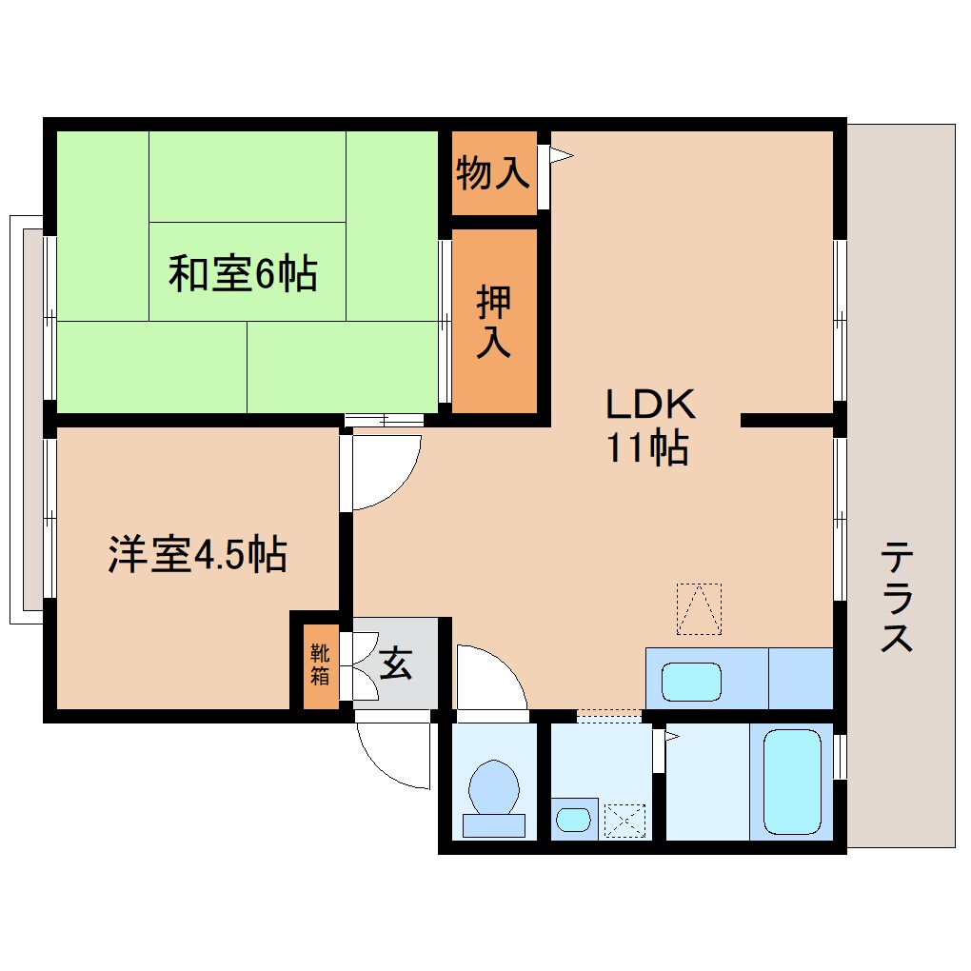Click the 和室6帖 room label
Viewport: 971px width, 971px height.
click(243, 274)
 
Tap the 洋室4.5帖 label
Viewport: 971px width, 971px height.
click(197, 554)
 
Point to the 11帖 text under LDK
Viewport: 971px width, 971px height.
click(648, 447)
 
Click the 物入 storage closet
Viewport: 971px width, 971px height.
click(492, 173)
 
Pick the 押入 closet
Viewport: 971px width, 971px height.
click(494, 322)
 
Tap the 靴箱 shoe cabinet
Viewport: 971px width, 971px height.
click(320, 664)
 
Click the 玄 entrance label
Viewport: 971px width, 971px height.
click(395, 663)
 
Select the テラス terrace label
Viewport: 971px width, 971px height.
click(897, 596)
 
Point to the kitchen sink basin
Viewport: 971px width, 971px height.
click(691, 682)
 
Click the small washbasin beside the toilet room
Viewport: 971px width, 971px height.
click(573, 819)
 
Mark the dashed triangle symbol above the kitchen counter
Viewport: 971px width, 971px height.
click(699, 608)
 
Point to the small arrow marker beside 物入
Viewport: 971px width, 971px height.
click(560, 152)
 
